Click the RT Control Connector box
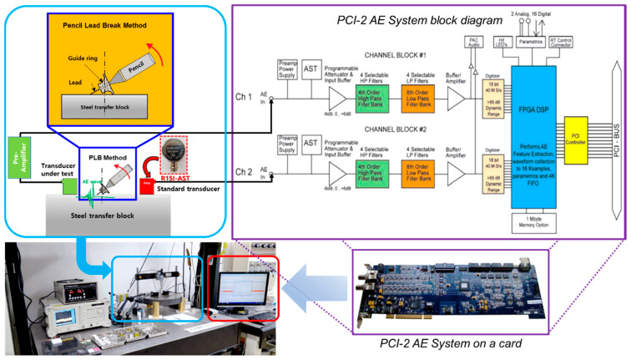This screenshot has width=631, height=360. coord(567,44)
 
